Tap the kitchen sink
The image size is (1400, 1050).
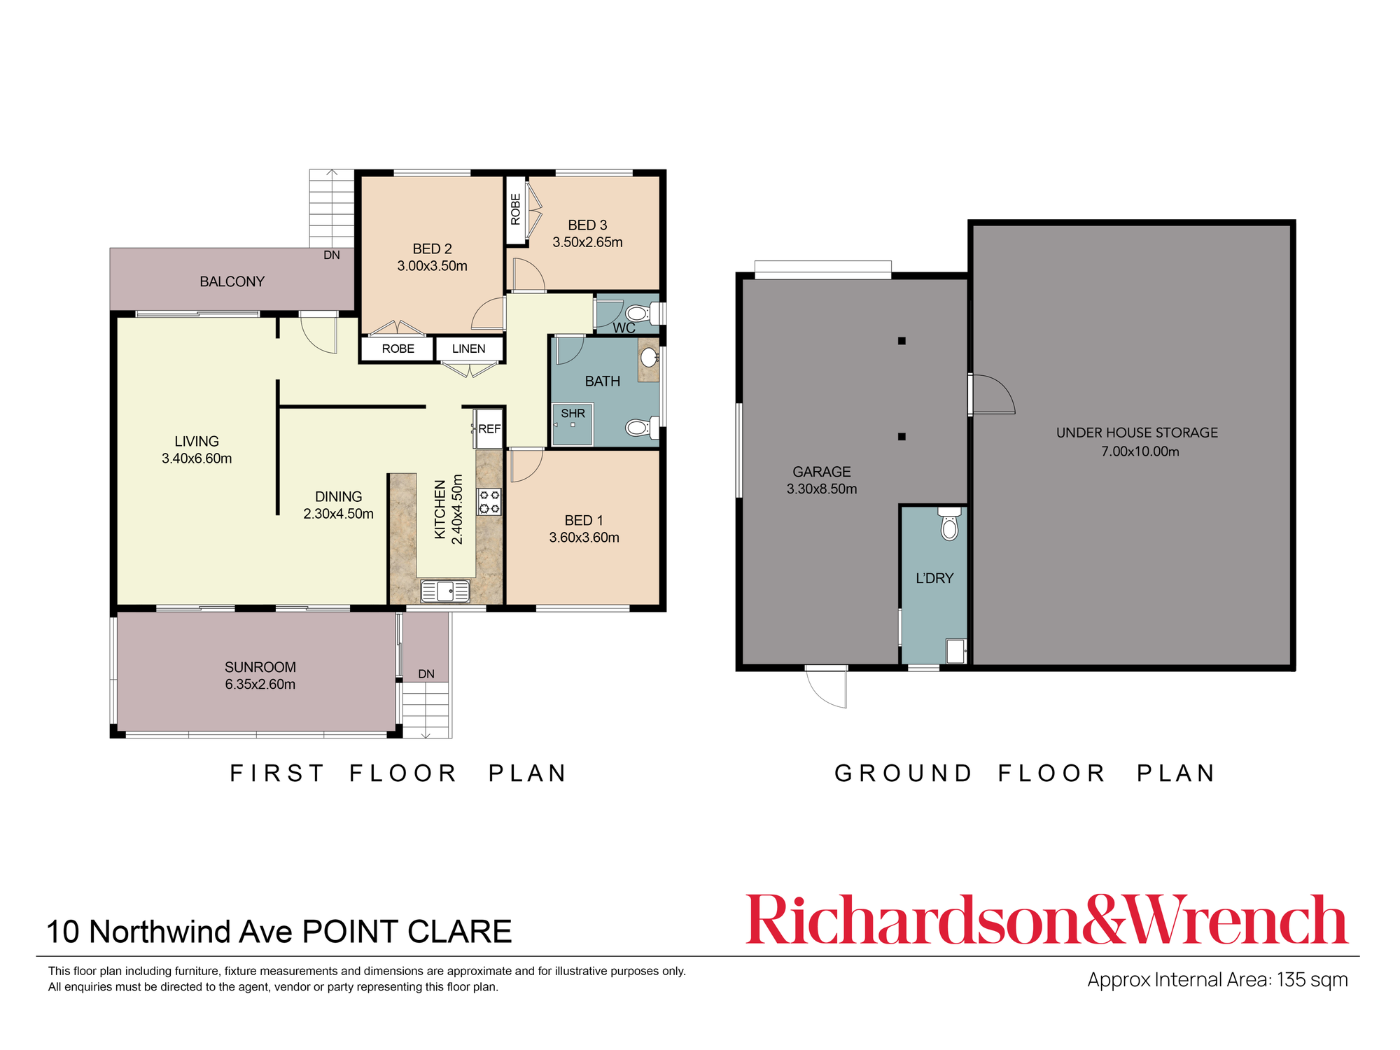[445, 591]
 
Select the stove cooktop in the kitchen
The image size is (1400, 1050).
[489, 502]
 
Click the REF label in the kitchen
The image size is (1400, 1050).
[489, 428]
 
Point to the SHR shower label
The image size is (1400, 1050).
[573, 414]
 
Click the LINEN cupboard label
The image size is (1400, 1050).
[468, 349]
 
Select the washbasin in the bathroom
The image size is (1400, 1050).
[649, 359]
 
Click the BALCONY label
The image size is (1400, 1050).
[232, 281]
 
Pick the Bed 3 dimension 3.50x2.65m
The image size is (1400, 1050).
[587, 242]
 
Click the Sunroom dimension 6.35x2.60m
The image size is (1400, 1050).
[260, 684]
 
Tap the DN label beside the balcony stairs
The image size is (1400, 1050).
[332, 255]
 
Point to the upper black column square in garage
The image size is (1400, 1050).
[902, 341]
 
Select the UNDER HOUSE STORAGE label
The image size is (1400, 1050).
[1137, 433]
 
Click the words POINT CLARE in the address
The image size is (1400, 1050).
[407, 932]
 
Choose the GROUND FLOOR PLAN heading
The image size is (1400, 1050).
[1025, 773]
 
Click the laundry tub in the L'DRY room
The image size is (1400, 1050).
[955, 650]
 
